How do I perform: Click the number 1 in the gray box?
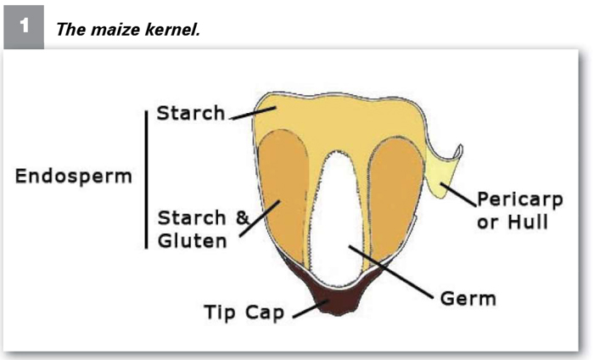25,25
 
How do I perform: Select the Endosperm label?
74,177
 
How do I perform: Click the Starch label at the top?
191,113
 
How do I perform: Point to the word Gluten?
193,240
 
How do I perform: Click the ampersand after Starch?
243,217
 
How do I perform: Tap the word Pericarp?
520,200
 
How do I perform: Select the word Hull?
528,222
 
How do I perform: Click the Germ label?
468,299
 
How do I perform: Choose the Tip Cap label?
244,312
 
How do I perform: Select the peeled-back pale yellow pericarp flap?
443,171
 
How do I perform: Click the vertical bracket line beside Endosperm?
146,180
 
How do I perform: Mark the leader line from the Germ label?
391,272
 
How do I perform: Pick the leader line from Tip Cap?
311,309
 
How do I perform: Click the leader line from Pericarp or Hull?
458,194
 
